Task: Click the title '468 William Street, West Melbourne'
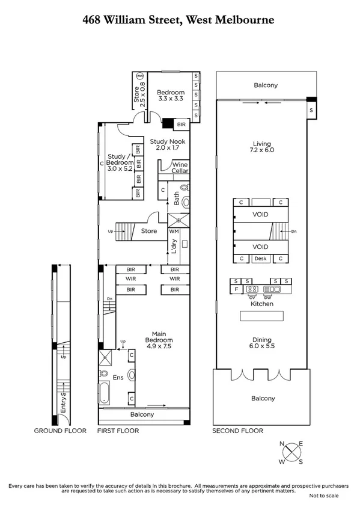click(178, 20)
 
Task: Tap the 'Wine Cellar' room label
click(180, 167)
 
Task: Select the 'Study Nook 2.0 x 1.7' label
click(168, 144)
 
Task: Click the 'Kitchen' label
click(262, 304)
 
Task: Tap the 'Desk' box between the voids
click(260, 259)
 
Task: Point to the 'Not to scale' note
click(324, 496)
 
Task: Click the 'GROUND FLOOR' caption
click(60, 431)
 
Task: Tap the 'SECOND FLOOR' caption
click(237, 431)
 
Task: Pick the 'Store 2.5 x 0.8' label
click(139, 94)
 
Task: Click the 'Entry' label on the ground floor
click(63, 403)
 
